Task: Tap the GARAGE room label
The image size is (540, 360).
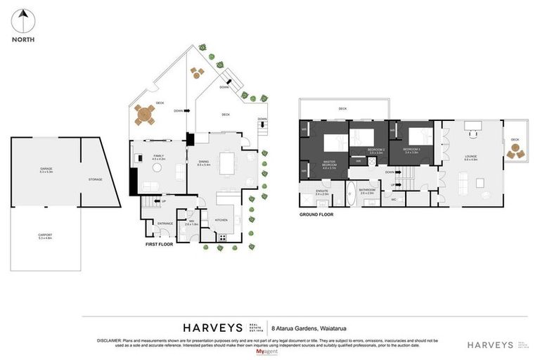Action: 47,169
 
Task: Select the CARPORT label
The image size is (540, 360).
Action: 46,236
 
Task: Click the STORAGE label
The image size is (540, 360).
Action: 95,179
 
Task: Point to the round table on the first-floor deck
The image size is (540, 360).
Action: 146,113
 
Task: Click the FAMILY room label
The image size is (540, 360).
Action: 158,157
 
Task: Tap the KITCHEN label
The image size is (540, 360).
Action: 221,220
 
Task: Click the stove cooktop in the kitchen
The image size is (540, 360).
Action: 223,236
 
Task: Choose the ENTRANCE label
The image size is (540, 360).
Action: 165,224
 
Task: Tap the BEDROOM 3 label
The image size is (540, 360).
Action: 411,150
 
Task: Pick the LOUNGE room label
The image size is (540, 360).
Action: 471,157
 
